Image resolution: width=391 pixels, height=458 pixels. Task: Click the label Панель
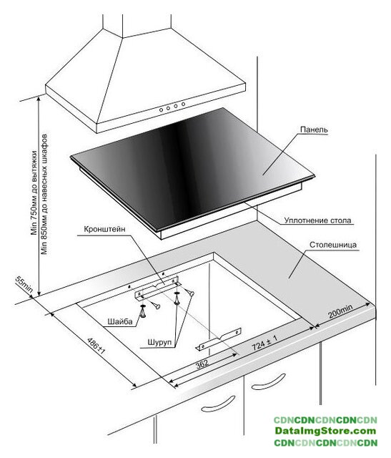coord(314,130)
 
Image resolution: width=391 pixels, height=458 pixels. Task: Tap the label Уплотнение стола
coord(318,220)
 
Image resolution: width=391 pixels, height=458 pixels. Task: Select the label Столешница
coord(333,245)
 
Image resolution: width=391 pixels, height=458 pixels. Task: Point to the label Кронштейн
coord(104,229)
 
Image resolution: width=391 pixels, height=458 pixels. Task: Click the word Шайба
coord(120,321)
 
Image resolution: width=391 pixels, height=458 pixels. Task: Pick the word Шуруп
coord(159,342)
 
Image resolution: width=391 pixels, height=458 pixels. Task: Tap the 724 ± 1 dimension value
coord(264,343)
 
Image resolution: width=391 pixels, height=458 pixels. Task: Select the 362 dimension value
coord(202,364)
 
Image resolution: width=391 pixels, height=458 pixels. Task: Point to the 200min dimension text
coord(340,311)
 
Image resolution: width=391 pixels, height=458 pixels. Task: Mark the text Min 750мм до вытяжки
coord(34,193)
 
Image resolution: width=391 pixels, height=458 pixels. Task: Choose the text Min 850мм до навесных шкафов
coord(44,194)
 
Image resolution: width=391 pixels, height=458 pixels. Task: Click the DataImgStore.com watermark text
coord(325,431)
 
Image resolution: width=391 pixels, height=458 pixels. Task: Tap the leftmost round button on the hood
coord(161,109)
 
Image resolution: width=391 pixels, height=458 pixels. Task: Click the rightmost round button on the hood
coord(183,104)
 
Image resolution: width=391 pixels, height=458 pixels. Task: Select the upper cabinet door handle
coord(269,381)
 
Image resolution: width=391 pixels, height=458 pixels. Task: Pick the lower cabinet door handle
coord(219,404)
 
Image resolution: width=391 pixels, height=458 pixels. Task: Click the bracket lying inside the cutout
coord(219,339)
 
